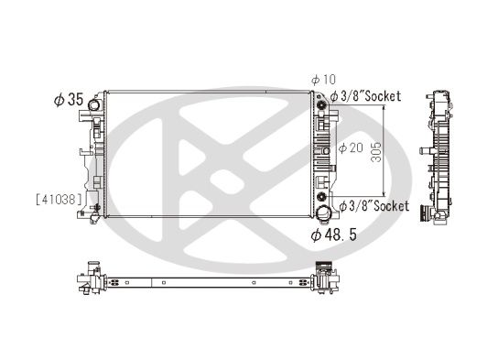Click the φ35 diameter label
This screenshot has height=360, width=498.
coord(69,100)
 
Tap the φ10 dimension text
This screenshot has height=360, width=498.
coord(323,80)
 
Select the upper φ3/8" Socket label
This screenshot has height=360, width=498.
coord(365,96)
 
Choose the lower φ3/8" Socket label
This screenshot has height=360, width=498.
coord(374,206)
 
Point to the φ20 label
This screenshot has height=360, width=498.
coord(351,147)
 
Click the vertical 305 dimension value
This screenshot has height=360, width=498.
coord(376,152)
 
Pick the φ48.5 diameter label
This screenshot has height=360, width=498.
coord(334,235)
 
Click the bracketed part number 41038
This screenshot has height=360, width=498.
coord(60,200)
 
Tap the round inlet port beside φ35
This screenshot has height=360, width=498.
coord(93,104)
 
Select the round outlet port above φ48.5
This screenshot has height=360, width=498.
coord(324,212)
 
